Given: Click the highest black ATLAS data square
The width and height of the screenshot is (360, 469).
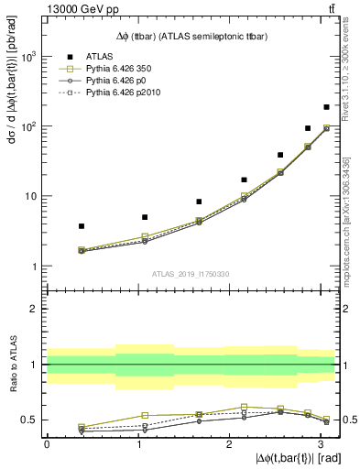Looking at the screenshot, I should point(326,107).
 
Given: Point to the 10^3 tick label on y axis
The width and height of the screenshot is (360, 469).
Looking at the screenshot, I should point(30,56).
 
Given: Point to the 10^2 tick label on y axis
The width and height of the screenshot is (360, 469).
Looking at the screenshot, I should point(30,126).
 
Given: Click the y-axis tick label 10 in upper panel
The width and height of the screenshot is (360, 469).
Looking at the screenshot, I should point(31,196).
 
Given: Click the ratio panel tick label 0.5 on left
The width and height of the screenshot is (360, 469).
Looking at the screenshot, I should point(29,420).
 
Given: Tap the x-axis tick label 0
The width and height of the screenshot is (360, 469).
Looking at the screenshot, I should point(47,443).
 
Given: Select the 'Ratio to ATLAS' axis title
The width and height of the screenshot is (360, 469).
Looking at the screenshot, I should point(11,365).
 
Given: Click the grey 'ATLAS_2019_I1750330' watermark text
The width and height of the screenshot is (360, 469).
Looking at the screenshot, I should point(191,274).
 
